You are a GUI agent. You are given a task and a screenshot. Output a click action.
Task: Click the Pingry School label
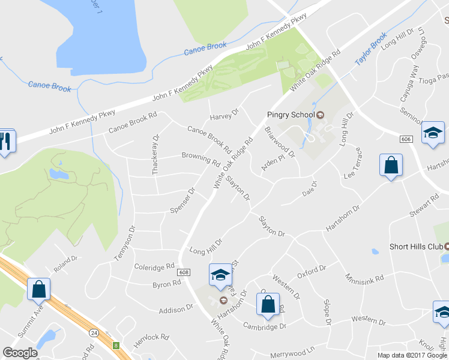point(291,115)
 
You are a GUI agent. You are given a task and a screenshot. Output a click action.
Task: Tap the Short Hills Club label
point(415,246)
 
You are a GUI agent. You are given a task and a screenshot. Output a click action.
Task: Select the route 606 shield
point(406,139)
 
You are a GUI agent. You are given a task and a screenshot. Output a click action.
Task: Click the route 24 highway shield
point(94,332)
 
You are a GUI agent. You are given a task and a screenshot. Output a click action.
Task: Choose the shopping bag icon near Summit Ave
point(39,289)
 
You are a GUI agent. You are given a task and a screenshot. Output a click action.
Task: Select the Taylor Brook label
point(371,49)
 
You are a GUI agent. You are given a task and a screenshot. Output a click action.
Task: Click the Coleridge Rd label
point(154,266)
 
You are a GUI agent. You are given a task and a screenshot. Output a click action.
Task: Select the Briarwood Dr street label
point(280,142)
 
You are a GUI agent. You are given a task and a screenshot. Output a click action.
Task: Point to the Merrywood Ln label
point(292,350)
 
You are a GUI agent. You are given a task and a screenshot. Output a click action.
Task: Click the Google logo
point(20,353)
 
